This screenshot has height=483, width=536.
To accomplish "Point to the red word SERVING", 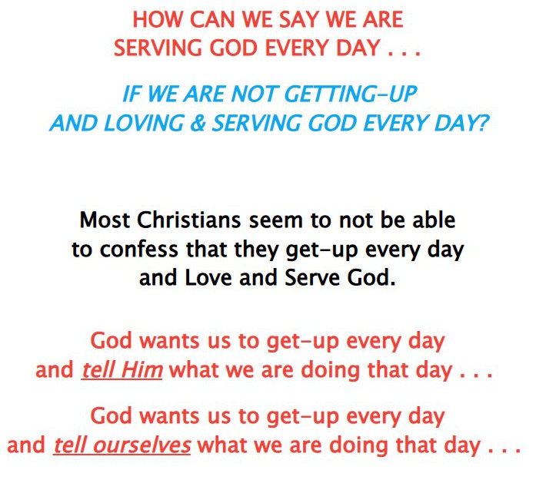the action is pos(158,48).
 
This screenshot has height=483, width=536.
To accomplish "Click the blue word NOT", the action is pos(253,94).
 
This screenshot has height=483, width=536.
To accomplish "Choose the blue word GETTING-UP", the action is pos(351,94).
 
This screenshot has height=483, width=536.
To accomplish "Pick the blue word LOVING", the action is pos(144,123).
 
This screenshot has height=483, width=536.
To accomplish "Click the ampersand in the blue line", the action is pos(198,123).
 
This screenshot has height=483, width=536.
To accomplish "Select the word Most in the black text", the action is pos(105,220).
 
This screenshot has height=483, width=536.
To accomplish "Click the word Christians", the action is pos(189,220).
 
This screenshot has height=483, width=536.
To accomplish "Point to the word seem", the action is pos(276,221).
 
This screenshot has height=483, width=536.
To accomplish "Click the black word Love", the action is pos(208,277).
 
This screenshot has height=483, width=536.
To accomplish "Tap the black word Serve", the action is pos(312,277).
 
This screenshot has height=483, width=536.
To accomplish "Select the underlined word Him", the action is pos(141,369).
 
